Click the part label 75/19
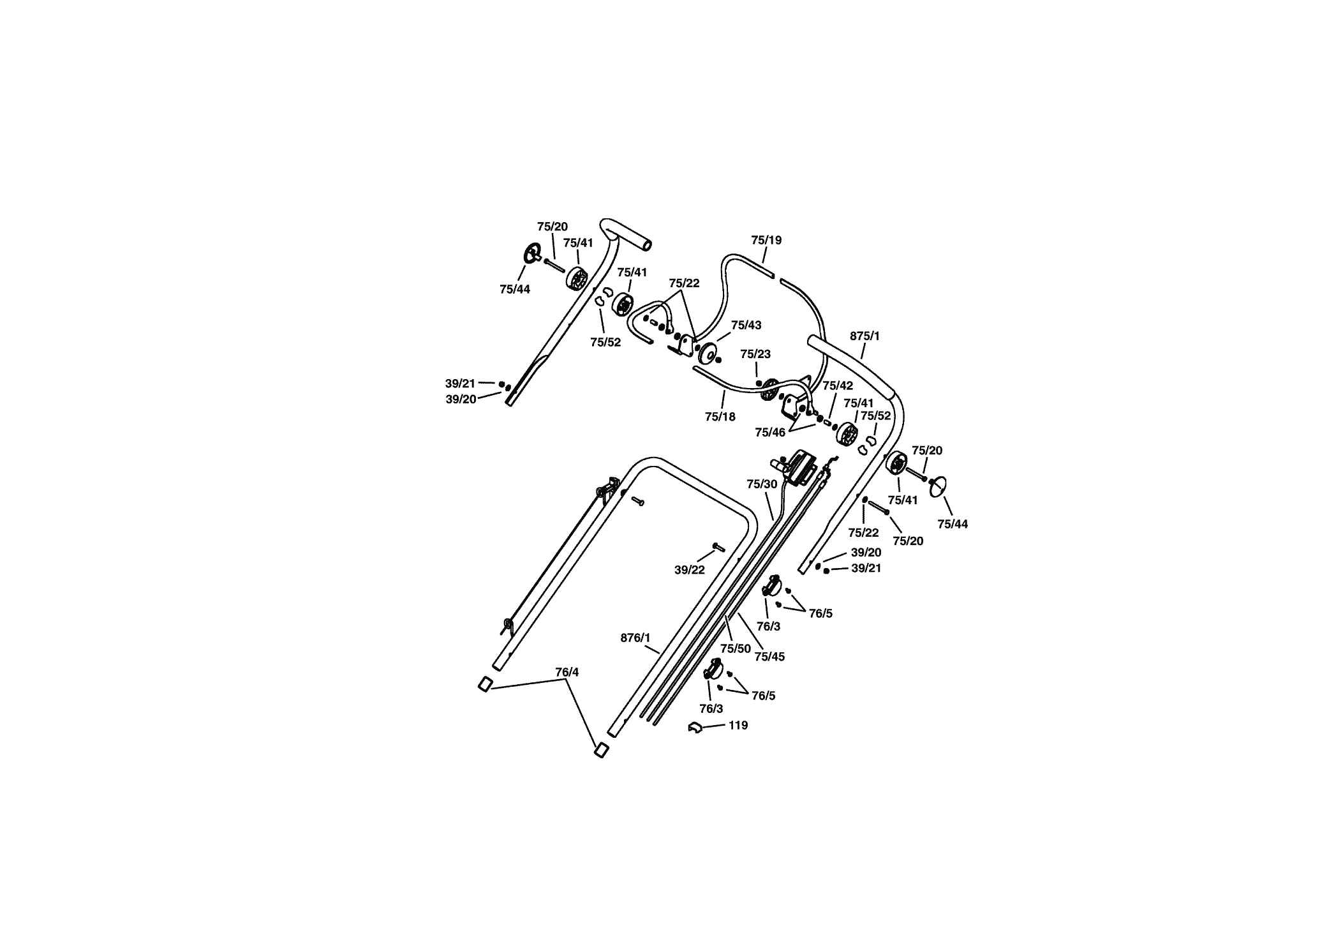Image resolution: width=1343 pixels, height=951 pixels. [x=766, y=240]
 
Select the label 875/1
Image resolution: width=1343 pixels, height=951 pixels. [x=864, y=336]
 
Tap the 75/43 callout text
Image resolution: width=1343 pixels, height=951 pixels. [x=746, y=325]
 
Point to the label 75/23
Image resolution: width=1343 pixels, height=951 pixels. [x=755, y=354]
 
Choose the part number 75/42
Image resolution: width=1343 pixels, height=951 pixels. [x=838, y=386]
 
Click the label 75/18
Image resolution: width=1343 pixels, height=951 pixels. [x=720, y=417]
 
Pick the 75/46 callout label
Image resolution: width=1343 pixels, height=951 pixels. [x=770, y=432]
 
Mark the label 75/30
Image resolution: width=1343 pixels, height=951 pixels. [x=762, y=484]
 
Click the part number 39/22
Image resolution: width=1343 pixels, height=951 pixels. [x=690, y=570]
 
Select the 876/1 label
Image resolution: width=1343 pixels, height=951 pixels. [x=635, y=638]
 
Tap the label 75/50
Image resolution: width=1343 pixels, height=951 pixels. [x=736, y=648]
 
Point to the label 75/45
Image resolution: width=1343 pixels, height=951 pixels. [x=769, y=657]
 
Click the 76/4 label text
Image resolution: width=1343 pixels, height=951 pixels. [x=567, y=672]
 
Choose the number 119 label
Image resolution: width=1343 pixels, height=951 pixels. [x=738, y=726]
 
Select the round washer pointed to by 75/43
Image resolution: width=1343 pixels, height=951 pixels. [x=707, y=353]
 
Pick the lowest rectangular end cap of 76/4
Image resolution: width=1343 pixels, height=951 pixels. [x=601, y=750]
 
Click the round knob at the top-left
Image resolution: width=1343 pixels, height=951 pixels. [x=531, y=253]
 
